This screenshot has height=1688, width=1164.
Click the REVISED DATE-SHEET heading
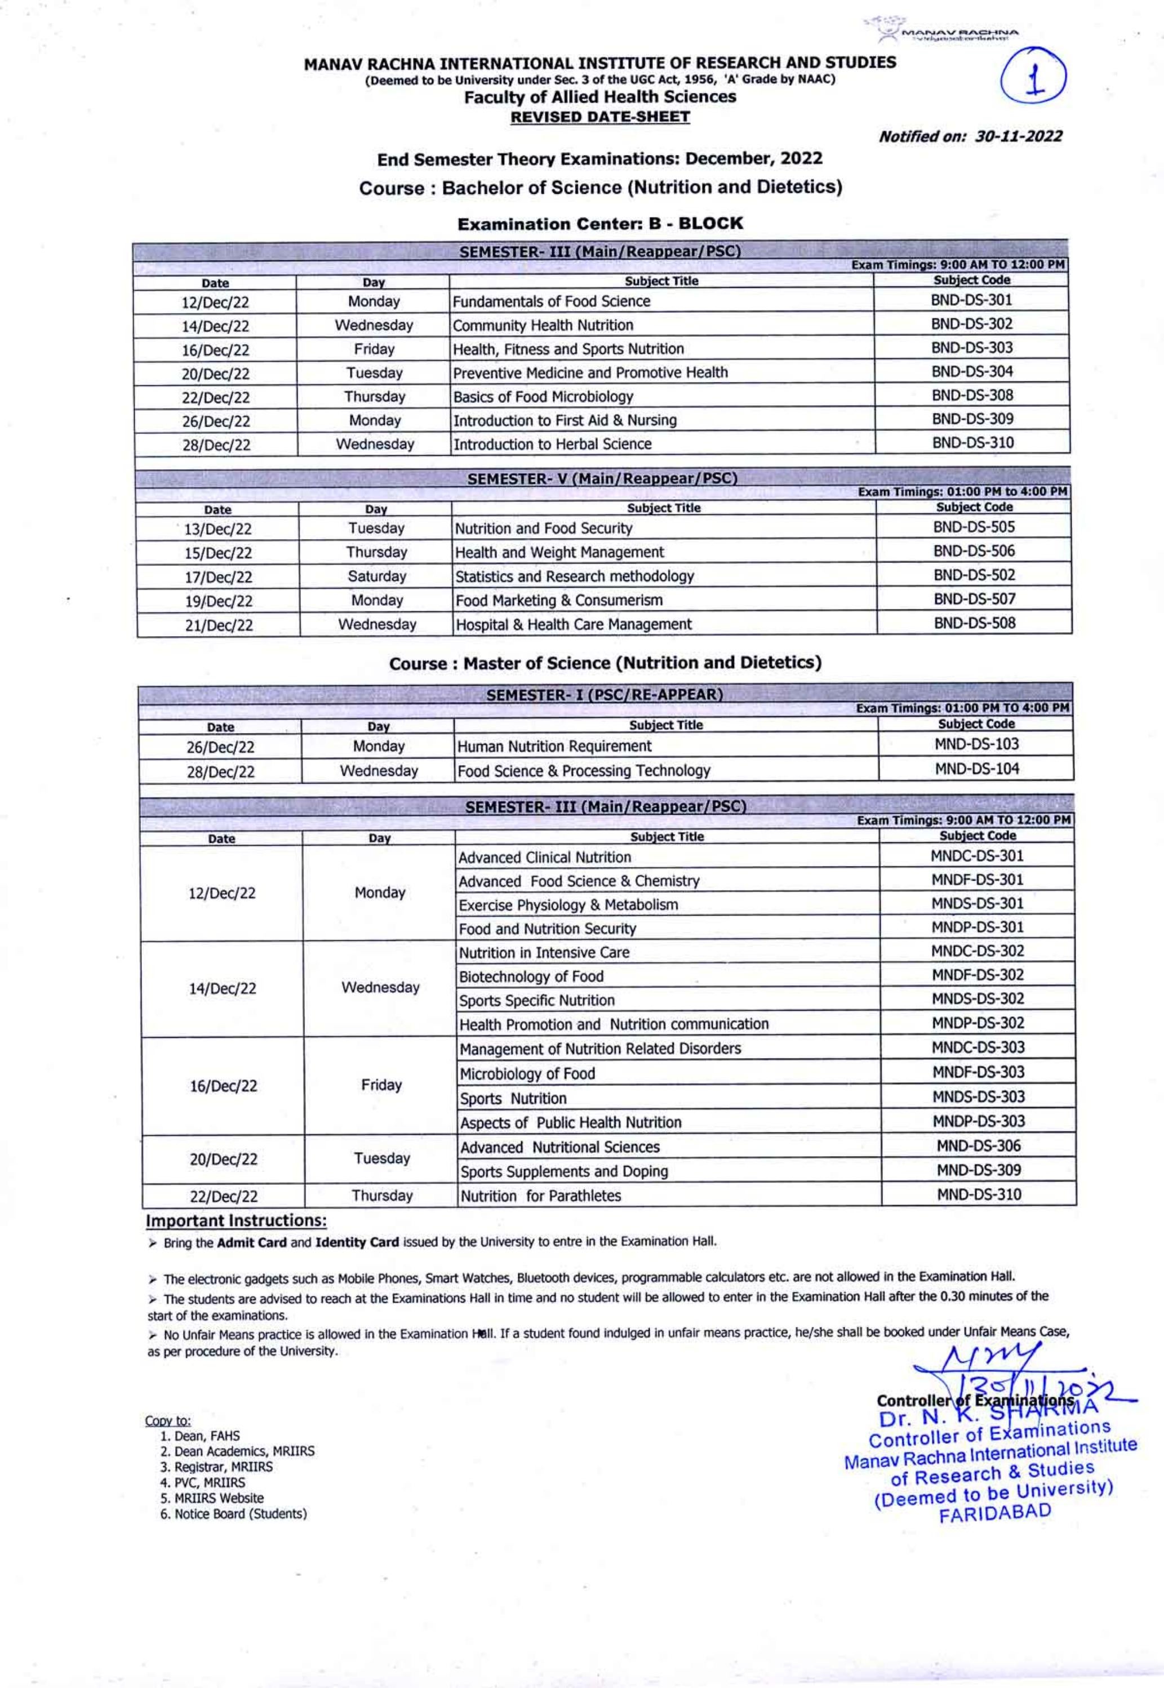click(x=599, y=117)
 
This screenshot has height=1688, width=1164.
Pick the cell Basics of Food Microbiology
click(x=543, y=397)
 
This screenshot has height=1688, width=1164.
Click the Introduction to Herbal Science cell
click(x=552, y=444)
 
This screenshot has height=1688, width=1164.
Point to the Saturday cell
click(x=376, y=576)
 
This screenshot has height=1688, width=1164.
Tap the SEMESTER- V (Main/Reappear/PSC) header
click(x=602, y=479)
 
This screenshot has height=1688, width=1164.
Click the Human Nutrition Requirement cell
click(x=554, y=746)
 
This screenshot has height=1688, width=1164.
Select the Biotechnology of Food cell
click(x=531, y=976)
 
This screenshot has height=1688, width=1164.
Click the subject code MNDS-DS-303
click(x=978, y=1096)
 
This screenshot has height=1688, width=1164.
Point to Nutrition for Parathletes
click(x=540, y=1195)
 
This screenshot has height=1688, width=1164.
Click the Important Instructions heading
click(x=236, y=1220)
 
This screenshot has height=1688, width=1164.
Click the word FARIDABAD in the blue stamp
click(x=995, y=1513)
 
